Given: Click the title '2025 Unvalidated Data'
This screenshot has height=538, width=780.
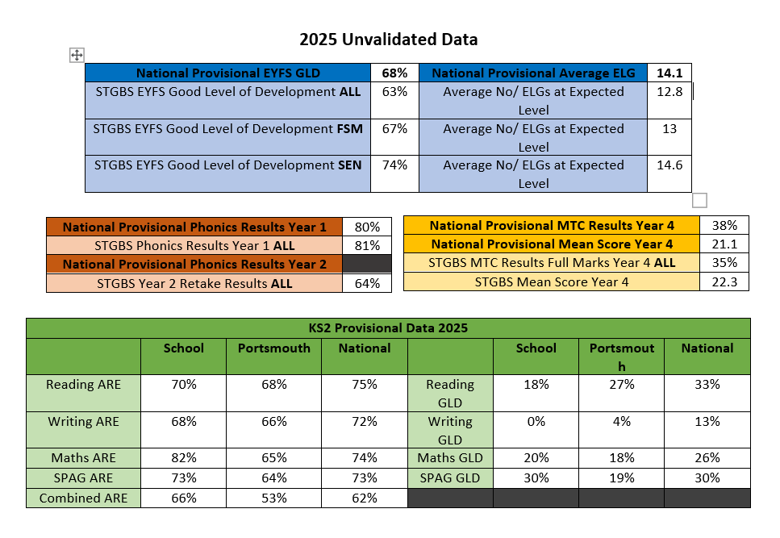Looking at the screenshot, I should click(388, 39).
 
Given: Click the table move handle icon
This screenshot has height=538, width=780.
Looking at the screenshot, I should click(77, 55).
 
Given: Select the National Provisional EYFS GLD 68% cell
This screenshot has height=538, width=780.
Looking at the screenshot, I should click(394, 73).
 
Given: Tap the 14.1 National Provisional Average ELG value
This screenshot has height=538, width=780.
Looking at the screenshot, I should click(669, 73).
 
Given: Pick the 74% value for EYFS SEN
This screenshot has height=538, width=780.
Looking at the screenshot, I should click(394, 165).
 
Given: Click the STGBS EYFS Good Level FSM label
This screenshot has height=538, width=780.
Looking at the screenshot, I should click(227, 129).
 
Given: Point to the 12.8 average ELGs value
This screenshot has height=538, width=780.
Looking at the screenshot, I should click(669, 92).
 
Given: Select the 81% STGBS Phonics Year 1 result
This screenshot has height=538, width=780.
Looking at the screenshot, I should click(367, 245).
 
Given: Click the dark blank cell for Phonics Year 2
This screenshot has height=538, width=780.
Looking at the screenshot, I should click(367, 264).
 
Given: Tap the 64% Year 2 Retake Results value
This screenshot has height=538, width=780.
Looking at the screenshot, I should click(367, 283).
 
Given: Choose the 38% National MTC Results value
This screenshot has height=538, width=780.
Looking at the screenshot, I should click(724, 226).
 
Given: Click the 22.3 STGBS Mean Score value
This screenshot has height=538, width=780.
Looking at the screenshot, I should click(724, 282).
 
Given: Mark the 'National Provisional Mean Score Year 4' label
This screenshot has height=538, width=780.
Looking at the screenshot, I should click(551, 244).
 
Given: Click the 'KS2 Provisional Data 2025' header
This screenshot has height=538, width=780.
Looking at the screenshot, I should click(388, 328).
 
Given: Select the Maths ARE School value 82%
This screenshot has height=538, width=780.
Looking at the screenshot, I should click(184, 458).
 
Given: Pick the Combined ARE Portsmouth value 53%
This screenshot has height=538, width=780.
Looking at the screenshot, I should click(273, 498).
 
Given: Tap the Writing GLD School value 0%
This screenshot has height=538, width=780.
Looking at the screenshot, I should click(536, 422).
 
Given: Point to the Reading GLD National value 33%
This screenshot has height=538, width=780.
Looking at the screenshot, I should click(707, 385).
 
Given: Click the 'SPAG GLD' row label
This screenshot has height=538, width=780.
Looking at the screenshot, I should click(449, 478).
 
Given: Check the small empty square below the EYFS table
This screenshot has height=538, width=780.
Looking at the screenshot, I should click(699, 200).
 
